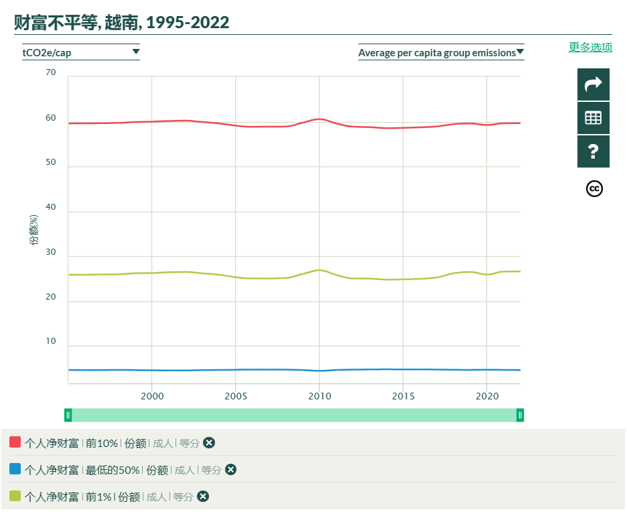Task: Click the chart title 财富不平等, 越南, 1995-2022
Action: click(x=122, y=23)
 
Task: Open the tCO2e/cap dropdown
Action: click(x=81, y=52)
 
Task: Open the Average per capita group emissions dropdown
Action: click(x=441, y=52)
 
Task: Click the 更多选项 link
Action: click(x=590, y=47)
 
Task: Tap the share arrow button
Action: click(x=593, y=84)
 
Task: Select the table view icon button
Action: click(x=593, y=118)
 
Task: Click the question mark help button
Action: click(x=593, y=151)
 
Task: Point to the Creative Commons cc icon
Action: click(x=594, y=189)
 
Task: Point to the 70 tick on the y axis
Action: click(x=51, y=72)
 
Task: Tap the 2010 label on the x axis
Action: click(x=319, y=396)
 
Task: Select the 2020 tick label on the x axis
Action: click(x=486, y=396)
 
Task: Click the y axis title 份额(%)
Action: click(x=33, y=230)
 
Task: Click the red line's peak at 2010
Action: click(x=320, y=119)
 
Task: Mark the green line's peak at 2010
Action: click(x=320, y=270)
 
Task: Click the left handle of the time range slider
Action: click(x=68, y=415)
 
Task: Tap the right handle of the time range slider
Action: click(x=520, y=415)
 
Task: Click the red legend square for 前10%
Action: click(x=15, y=442)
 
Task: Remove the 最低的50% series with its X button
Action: click(x=231, y=470)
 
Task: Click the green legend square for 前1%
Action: click(x=15, y=496)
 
